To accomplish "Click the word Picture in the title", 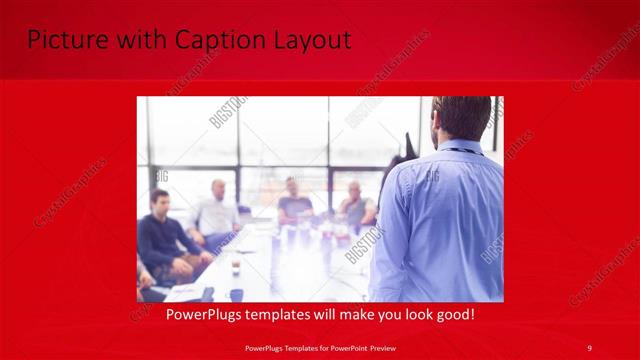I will click(x=62, y=41).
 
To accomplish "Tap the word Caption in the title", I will click(x=218, y=41).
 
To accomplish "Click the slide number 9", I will click(x=589, y=347).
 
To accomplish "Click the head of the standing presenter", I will click(x=461, y=118).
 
